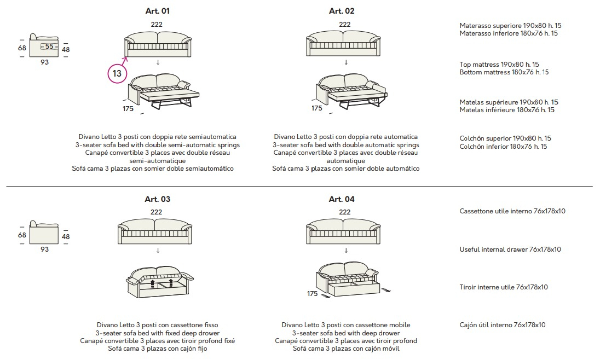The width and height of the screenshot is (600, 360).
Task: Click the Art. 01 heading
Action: (157, 11)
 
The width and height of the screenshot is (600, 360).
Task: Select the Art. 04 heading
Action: (342, 199)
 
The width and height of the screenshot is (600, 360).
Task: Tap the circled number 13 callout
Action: (117, 73)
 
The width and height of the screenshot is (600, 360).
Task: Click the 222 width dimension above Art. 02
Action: (344, 25)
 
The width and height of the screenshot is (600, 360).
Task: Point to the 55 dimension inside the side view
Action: (49, 47)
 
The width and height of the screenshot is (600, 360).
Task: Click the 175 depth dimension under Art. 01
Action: (128, 109)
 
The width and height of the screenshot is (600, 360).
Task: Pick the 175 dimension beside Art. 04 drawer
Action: (312, 293)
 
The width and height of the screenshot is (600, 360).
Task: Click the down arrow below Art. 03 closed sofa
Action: (158, 251)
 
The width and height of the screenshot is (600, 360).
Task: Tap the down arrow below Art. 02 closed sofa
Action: (346, 62)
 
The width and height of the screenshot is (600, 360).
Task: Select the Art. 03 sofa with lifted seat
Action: (159, 282)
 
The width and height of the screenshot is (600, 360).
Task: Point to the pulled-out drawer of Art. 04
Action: (353, 288)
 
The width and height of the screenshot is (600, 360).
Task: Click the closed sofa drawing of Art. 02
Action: (343, 44)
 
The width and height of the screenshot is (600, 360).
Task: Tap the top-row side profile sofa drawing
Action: (44, 45)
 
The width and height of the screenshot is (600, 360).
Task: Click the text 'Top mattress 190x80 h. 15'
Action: (499, 64)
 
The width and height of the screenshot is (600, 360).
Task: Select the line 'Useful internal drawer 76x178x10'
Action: (510, 249)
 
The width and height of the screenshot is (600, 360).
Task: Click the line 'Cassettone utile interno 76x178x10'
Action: (512, 211)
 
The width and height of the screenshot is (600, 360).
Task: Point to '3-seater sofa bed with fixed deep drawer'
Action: (158, 333)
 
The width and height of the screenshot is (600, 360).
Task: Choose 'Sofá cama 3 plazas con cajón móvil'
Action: (346, 349)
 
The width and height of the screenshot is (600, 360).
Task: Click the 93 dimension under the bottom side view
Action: (45, 249)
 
